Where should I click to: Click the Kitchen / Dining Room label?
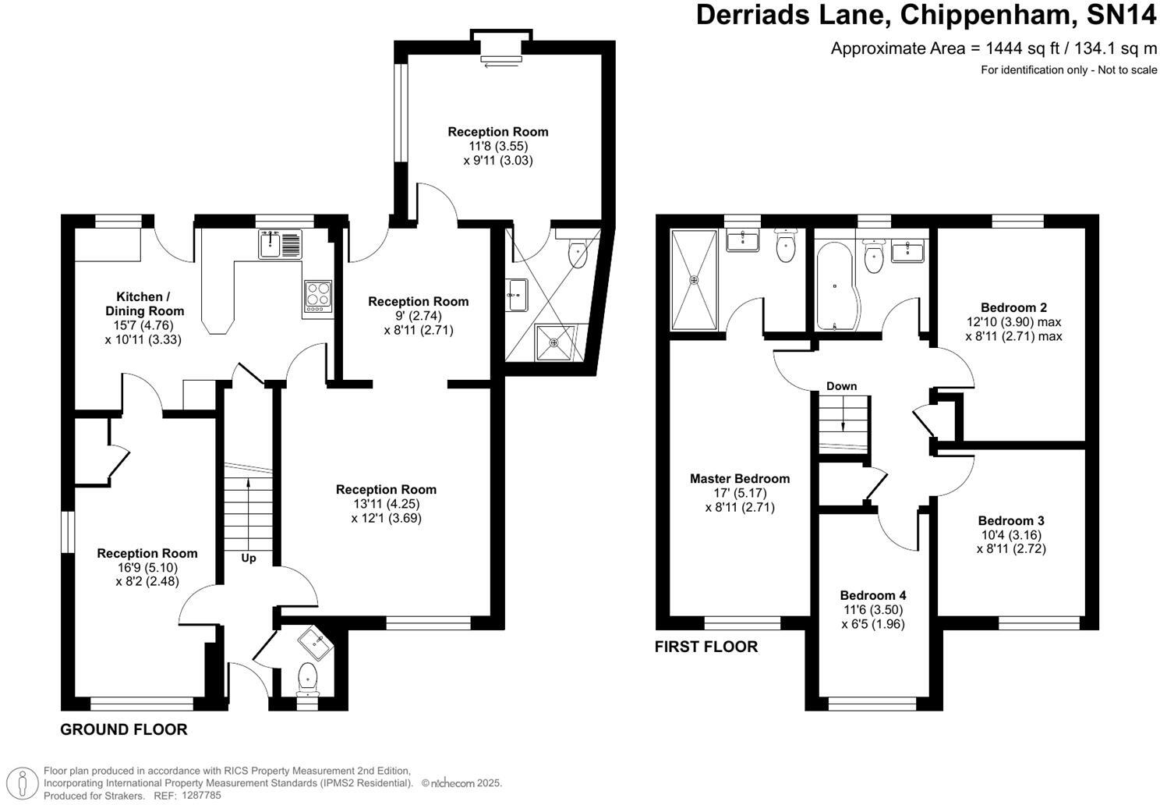tap(143, 303)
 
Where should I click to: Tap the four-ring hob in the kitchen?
tap(317, 298)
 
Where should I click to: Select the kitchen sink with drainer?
tap(280, 244)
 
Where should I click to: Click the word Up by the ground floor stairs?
tap(249, 558)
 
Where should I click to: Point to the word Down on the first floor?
tap(841, 386)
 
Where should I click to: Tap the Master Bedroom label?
tap(739, 478)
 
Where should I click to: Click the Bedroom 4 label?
tap(873, 595)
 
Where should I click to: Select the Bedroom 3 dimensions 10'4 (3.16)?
tap(1010, 535)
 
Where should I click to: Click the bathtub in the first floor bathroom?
tap(835, 285)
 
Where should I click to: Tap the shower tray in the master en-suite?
tap(693, 278)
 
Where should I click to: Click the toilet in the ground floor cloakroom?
tap(308, 676)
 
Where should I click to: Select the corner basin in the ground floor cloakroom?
tap(317, 642)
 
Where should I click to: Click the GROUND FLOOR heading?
tap(124, 729)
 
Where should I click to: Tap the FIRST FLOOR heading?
tap(706, 646)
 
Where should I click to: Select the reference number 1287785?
tap(200, 796)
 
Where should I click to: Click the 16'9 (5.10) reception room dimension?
tap(147, 567)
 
